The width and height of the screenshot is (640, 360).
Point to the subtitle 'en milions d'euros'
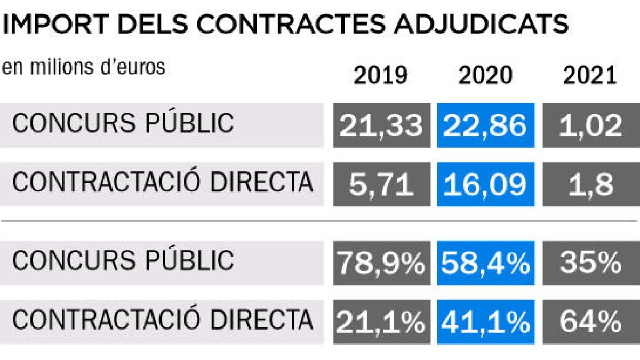(x=84, y=68)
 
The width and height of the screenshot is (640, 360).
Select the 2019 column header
(x=381, y=76)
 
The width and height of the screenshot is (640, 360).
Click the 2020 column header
(x=485, y=76)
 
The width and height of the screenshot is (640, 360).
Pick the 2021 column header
(x=590, y=76)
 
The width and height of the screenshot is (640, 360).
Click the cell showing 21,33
(x=381, y=126)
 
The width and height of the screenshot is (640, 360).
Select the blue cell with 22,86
(x=485, y=126)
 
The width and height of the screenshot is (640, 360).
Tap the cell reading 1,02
(x=590, y=126)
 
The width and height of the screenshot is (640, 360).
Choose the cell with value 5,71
(x=381, y=185)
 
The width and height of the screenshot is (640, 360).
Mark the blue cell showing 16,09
(x=485, y=185)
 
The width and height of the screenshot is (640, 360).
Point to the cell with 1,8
(x=590, y=185)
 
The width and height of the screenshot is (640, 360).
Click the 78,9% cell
(x=381, y=262)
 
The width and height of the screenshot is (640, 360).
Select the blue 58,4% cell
(x=485, y=262)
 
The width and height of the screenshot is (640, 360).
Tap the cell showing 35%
(x=590, y=262)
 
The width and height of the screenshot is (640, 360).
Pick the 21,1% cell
(x=381, y=322)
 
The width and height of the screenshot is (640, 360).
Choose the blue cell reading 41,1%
(x=485, y=322)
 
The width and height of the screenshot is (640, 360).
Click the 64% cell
(x=590, y=322)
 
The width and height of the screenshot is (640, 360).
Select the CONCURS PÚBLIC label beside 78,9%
(x=123, y=261)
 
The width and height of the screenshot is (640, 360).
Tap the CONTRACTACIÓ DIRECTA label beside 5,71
(x=162, y=183)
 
